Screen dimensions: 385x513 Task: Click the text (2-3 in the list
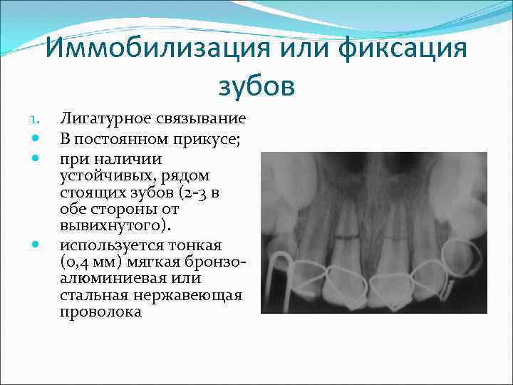(x=208, y=192)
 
